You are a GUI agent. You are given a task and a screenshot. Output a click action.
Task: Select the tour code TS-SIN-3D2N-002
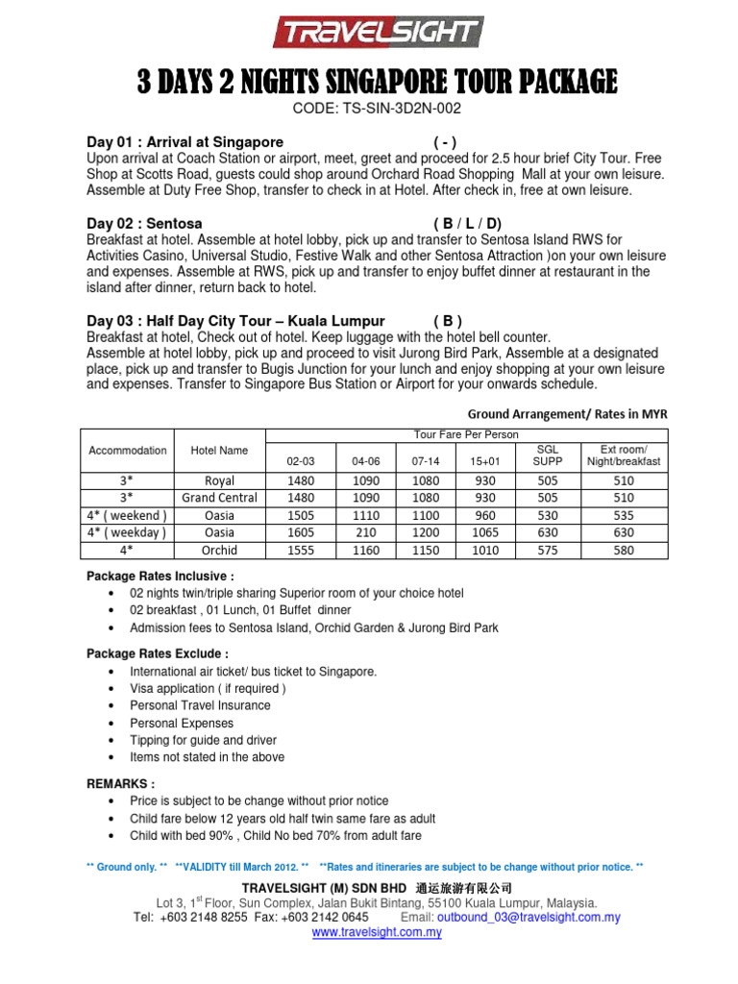[x=370, y=110]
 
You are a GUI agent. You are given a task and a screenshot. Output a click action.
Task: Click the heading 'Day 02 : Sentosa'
[x=144, y=223]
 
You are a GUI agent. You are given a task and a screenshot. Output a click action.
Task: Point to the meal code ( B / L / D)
[x=468, y=223]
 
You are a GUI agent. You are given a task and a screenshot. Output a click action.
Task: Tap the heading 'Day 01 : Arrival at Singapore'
[x=184, y=141]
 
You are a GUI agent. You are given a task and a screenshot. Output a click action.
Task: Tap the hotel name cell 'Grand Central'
[x=219, y=498]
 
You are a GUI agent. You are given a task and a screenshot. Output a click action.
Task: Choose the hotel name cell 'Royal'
[x=219, y=480]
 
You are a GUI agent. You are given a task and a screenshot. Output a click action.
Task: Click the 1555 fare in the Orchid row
[x=301, y=551]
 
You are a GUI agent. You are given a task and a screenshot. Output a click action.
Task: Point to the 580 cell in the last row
[x=624, y=551]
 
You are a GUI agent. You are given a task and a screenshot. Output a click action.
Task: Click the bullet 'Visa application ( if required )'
[x=208, y=689]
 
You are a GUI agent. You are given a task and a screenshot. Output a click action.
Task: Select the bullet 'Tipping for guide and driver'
[x=203, y=741]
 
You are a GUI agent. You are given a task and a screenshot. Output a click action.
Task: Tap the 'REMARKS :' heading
[x=120, y=783]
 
